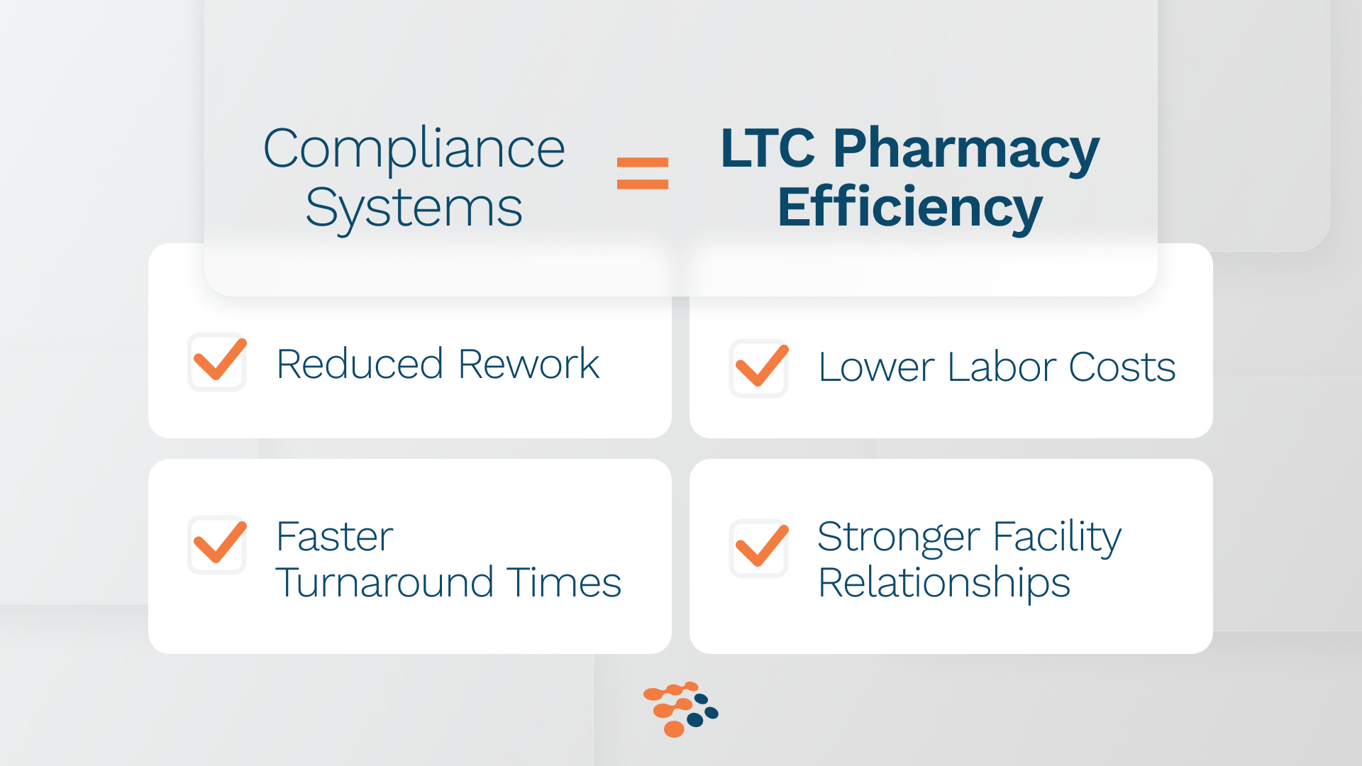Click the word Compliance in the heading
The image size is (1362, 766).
(x=414, y=149)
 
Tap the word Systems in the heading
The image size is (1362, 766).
(x=414, y=209)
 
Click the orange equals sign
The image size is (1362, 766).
(x=643, y=173)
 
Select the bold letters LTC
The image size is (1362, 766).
(x=768, y=149)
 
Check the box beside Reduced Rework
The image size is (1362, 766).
(x=217, y=362)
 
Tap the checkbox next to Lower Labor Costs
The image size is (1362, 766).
(x=759, y=367)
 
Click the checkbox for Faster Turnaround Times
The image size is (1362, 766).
(x=217, y=545)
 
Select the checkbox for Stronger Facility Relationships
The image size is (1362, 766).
(x=759, y=548)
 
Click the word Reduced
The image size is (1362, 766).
(x=360, y=365)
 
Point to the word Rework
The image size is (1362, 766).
(x=529, y=365)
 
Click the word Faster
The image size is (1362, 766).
(x=335, y=537)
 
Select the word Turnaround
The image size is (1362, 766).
(x=384, y=583)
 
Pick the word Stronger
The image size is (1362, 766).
(x=898, y=538)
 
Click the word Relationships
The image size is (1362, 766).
(x=944, y=584)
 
